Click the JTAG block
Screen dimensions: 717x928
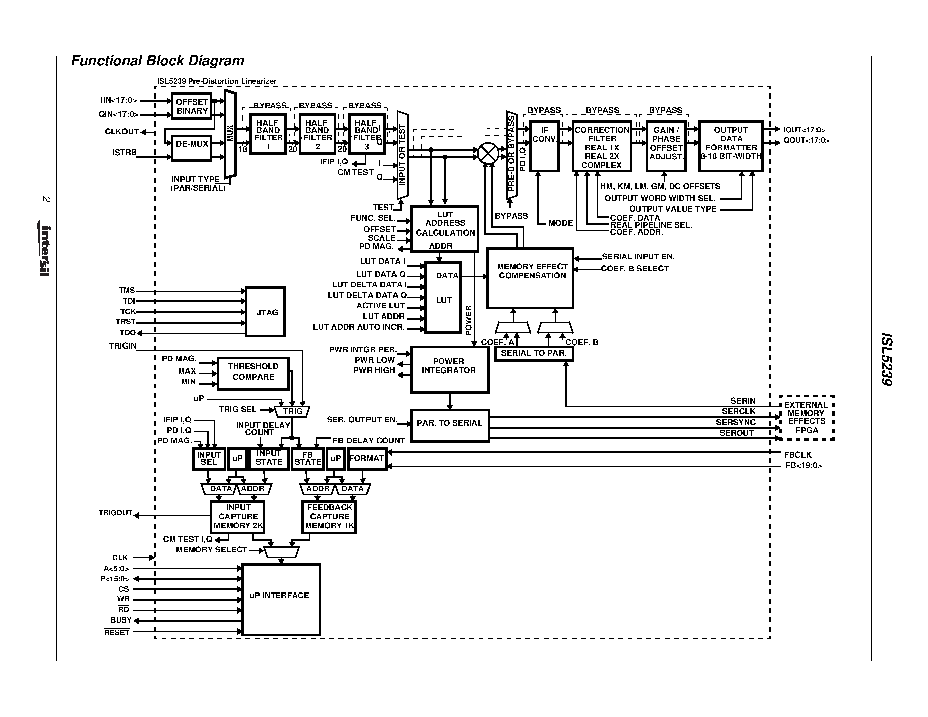(x=266, y=312)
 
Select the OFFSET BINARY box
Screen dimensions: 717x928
(x=192, y=106)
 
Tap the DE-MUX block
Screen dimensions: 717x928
(x=192, y=148)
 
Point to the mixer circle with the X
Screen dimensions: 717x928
(x=488, y=153)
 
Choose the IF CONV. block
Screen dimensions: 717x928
(x=544, y=146)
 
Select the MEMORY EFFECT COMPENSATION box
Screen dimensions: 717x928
(x=530, y=278)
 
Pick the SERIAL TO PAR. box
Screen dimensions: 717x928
(x=534, y=353)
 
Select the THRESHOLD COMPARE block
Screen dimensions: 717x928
(x=253, y=374)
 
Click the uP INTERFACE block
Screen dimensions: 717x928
(x=281, y=599)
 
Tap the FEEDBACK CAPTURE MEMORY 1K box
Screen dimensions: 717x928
(x=329, y=517)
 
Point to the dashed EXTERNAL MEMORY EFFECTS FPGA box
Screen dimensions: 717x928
(x=806, y=417)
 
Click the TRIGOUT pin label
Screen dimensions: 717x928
(x=115, y=513)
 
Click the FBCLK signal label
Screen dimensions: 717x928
(x=797, y=454)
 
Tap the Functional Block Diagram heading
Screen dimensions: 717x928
(x=158, y=61)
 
